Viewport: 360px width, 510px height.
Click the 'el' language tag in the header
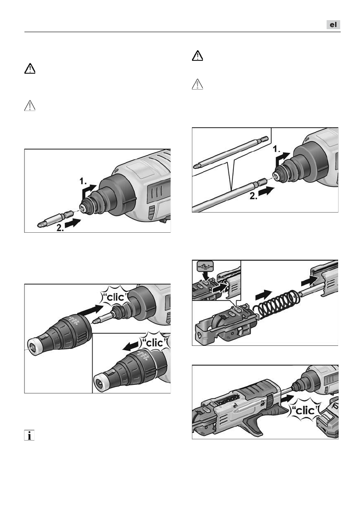[x=333, y=25]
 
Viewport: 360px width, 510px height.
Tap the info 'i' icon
[x=29, y=435]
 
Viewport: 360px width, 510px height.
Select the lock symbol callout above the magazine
[x=205, y=268]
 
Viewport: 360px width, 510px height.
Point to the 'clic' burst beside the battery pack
[x=305, y=411]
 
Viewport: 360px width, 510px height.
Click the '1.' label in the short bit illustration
[x=83, y=181]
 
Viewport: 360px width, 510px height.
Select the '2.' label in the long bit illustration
[x=253, y=196]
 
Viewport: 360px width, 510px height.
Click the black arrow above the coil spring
[x=264, y=295]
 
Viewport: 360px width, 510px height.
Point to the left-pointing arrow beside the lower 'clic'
[x=131, y=347]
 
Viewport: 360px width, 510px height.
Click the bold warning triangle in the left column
[x=30, y=69]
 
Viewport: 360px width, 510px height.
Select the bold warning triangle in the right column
[x=198, y=56]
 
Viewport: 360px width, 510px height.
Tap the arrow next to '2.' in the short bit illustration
[x=73, y=223]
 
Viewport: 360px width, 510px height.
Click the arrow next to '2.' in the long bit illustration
[x=267, y=191]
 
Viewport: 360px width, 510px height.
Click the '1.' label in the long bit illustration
[x=276, y=149]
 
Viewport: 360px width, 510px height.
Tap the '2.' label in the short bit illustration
[x=60, y=228]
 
